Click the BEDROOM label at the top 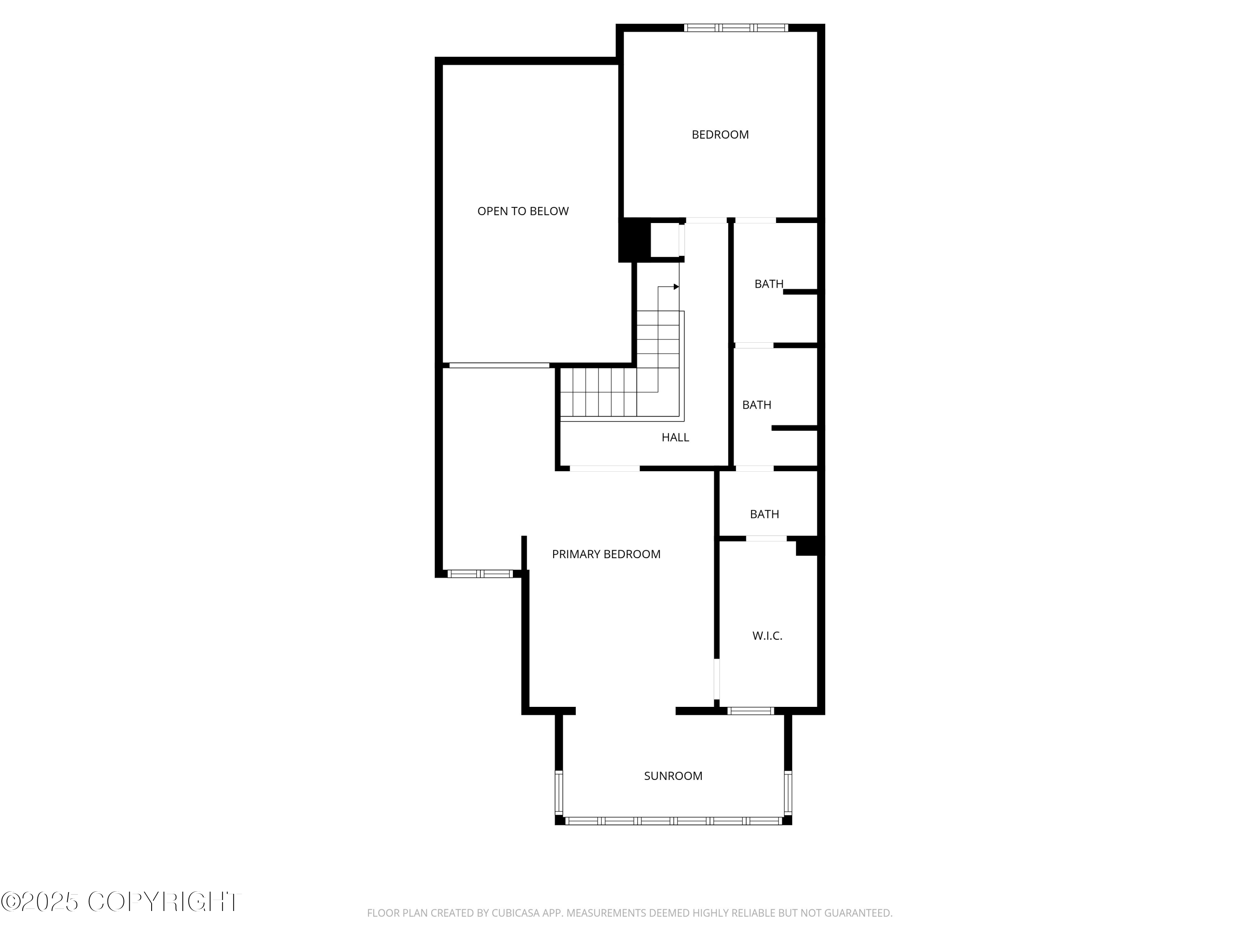tap(720, 134)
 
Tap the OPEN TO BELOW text tap(522, 211)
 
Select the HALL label tap(675, 438)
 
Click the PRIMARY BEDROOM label tap(606, 554)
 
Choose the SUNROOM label tap(673, 776)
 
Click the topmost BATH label tap(769, 283)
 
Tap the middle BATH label tap(756, 405)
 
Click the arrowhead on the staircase tap(676, 286)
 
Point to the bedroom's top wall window tap(735, 27)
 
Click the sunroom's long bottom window tap(673, 821)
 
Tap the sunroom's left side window tap(559, 793)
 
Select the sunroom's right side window tap(788, 793)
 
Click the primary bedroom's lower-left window tap(480, 574)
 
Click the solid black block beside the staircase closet tap(635, 240)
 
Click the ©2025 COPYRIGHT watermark tap(121, 902)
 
